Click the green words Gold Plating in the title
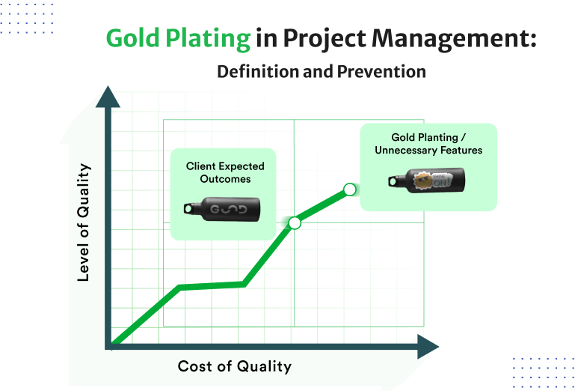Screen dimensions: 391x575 [x=178, y=38]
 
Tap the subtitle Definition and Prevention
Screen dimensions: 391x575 [x=322, y=72]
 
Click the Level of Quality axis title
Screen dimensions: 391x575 [x=84, y=222]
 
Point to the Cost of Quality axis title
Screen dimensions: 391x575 [x=234, y=366]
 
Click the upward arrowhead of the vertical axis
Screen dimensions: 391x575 [x=108, y=97]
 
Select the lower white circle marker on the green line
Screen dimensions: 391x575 [x=295, y=222]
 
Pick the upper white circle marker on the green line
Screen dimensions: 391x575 [x=349, y=189]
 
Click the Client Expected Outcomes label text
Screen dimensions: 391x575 [x=225, y=172]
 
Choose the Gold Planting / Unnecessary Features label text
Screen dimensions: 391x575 [x=428, y=144]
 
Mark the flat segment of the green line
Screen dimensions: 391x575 [x=212, y=285]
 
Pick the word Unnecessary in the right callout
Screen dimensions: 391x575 [x=406, y=150]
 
